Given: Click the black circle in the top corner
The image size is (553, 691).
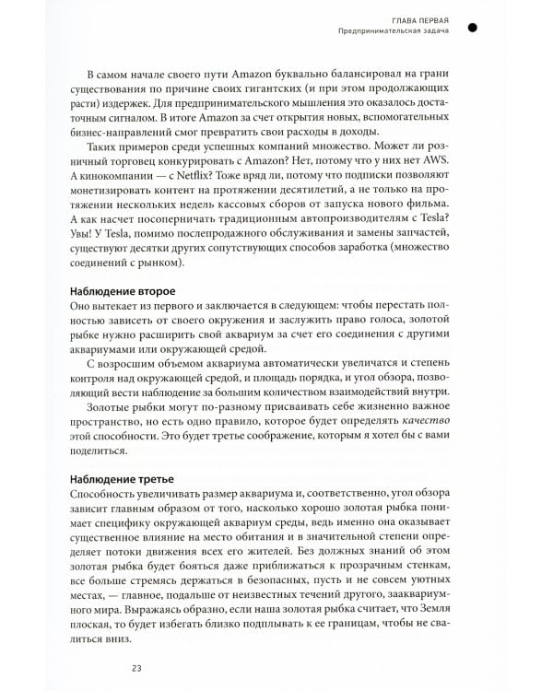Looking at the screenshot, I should click(473, 29).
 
